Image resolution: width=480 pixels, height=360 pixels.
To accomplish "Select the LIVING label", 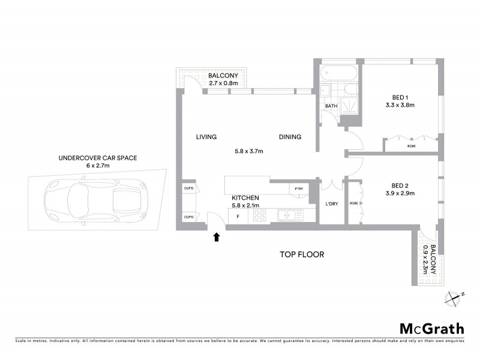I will pos(206,137).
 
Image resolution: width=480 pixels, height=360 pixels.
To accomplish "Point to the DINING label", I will pos(290,137).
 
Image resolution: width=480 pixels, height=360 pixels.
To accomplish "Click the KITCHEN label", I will pos(245,198).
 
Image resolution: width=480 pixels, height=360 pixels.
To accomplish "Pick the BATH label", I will pos(331,107).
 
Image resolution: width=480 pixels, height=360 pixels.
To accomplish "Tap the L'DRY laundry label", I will pos(331,204).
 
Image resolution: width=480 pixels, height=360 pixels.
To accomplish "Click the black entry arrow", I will pos(217,237).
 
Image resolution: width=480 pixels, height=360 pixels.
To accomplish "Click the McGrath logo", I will pos(432,328).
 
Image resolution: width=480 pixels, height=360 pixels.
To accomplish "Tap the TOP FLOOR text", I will pos(302,254).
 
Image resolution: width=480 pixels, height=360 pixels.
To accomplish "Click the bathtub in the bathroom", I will pos(337,74).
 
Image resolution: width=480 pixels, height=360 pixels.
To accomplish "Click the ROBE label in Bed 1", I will pos(412,146).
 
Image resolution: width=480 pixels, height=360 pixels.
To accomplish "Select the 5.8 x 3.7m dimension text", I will pos(248,151).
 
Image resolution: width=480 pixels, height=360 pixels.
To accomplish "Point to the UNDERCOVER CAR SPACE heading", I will pos(98,158).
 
